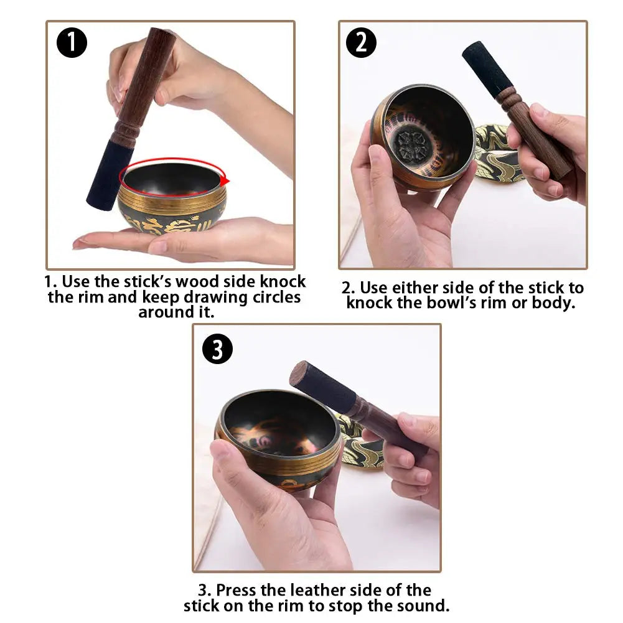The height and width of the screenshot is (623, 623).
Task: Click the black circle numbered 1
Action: [72, 43]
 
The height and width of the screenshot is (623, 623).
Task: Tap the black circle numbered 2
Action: [362, 43]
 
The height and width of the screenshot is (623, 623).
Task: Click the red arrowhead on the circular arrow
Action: [225, 180]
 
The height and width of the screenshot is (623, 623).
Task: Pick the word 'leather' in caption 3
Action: [311, 590]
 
